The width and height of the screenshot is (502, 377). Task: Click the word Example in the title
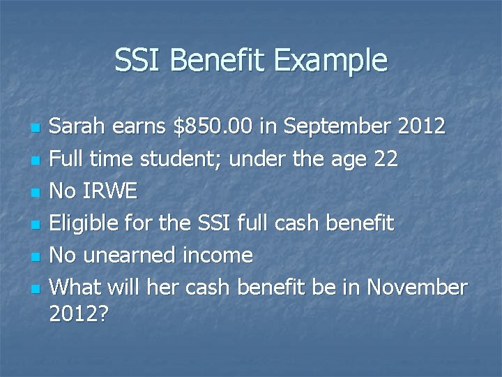click(x=330, y=60)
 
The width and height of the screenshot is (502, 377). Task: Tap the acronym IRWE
click(x=113, y=191)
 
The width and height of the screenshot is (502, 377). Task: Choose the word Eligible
click(x=87, y=223)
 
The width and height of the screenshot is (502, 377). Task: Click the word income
click(x=220, y=256)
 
